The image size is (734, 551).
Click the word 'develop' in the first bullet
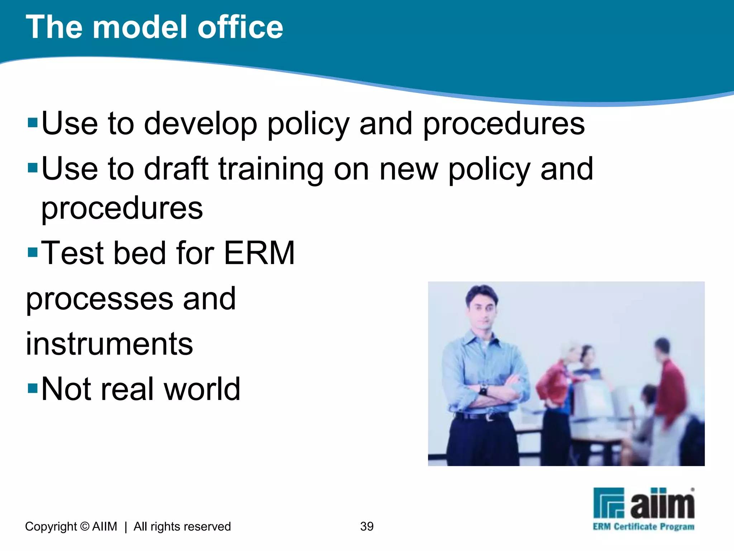click(x=200, y=124)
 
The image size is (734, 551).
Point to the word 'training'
click(x=271, y=169)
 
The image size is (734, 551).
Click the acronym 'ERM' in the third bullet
click(x=259, y=253)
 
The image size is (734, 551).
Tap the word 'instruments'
click(x=109, y=344)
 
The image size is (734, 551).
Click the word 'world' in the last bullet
click(x=202, y=389)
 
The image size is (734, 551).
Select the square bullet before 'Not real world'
click(x=33, y=388)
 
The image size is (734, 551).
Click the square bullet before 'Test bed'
click(x=33, y=252)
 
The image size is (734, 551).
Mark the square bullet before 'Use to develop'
click(x=33, y=123)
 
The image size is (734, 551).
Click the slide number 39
click(x=367, y=526)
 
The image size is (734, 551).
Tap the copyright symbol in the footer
click(x=85, y=526)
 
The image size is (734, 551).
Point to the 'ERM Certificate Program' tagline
click(x=643, y=527)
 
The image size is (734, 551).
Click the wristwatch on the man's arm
click(x=483, y=390)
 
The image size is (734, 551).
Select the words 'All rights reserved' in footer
click(x=182, y=526)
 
